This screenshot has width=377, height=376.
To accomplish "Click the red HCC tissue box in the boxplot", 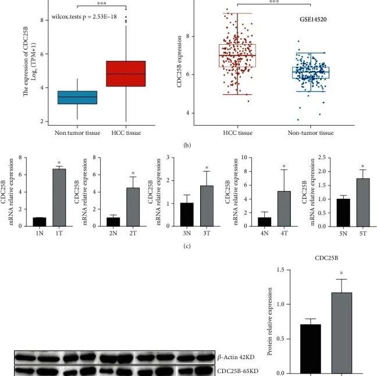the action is pos(126,74).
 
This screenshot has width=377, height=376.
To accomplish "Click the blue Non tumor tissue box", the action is pos(77,98).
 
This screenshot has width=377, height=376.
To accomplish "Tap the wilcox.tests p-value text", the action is pos(84,17).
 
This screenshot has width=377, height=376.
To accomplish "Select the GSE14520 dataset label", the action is pos(313,19).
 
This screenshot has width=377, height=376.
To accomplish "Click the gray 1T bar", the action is pos(59,198).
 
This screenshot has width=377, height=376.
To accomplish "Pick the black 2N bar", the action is pos(113,222).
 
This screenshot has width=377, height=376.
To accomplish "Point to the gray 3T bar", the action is pos(207,206).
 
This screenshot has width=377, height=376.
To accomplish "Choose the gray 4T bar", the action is pos(284,209).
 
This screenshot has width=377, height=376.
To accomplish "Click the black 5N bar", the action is pos(343,213).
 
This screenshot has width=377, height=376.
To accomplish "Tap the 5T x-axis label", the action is pos(363,234).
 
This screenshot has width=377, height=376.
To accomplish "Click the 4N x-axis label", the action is pos(265,234).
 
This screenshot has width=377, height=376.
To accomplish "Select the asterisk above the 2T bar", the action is pos(133,173).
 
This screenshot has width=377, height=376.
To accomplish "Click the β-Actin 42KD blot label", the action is pos(236,357).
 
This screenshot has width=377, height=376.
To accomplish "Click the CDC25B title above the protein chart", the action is pos(326,258).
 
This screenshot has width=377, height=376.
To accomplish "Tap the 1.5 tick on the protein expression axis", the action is pos(280,270).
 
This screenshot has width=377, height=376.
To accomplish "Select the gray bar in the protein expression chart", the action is pos(342,333).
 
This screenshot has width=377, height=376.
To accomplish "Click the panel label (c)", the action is pos(187,246).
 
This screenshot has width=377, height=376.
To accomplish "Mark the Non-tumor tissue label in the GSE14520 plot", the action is pos(311,133).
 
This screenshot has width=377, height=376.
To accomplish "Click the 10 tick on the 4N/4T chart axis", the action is pos(244,157).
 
